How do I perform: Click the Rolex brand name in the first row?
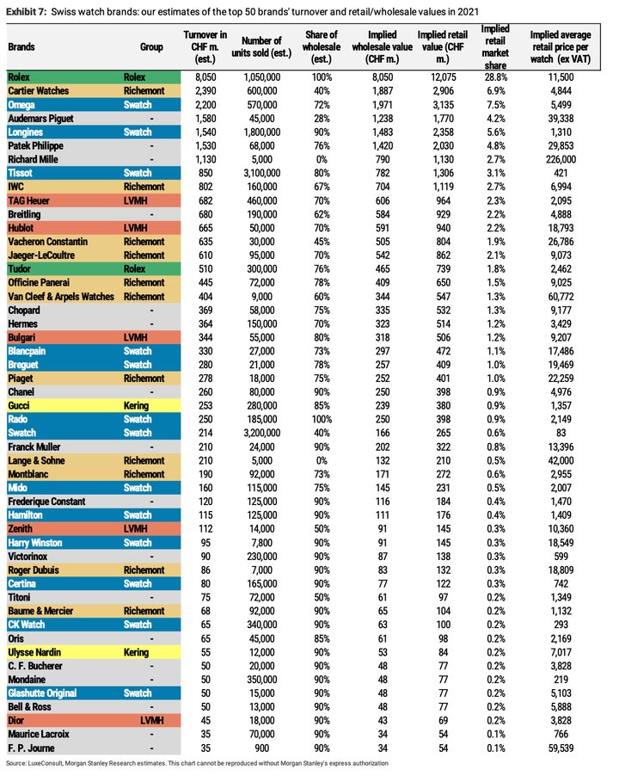pyautogui.click(x=19, y=77)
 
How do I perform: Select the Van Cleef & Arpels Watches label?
pyautogui.click(x=60, y=296)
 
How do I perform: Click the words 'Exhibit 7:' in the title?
pyautogui.click(x=26, y=11)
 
